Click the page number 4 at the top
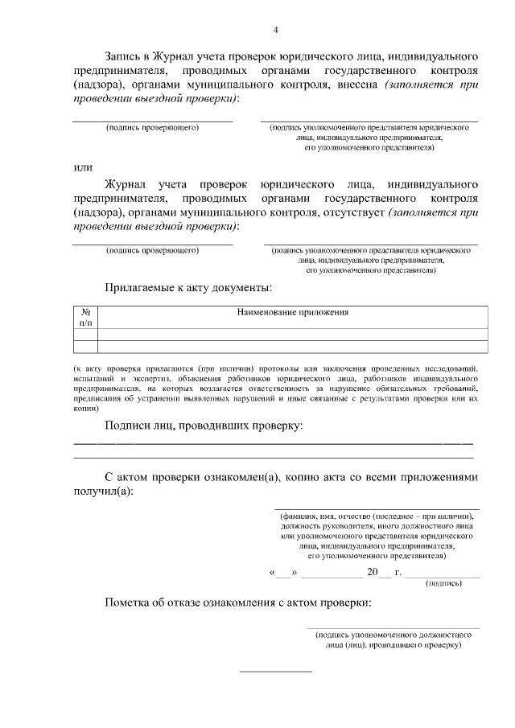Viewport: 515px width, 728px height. coord(275,31)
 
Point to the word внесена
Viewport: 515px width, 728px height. coord(356,84)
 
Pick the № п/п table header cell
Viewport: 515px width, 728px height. coord(85,317)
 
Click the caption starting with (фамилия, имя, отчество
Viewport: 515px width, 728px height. coord(377,516)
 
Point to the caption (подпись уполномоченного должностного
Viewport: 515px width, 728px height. coord(393,634)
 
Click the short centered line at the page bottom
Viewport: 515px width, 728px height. coord(276,671)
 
